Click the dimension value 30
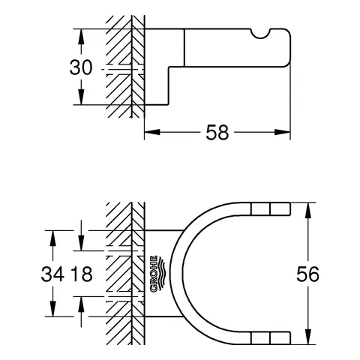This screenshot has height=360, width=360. coord(81,67)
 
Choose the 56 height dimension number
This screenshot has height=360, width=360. coord(308,274)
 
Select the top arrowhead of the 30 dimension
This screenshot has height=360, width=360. coord(78,34)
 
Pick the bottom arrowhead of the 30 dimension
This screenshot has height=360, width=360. coord(78,100)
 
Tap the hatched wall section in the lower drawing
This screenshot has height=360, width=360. coord(124,274)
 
